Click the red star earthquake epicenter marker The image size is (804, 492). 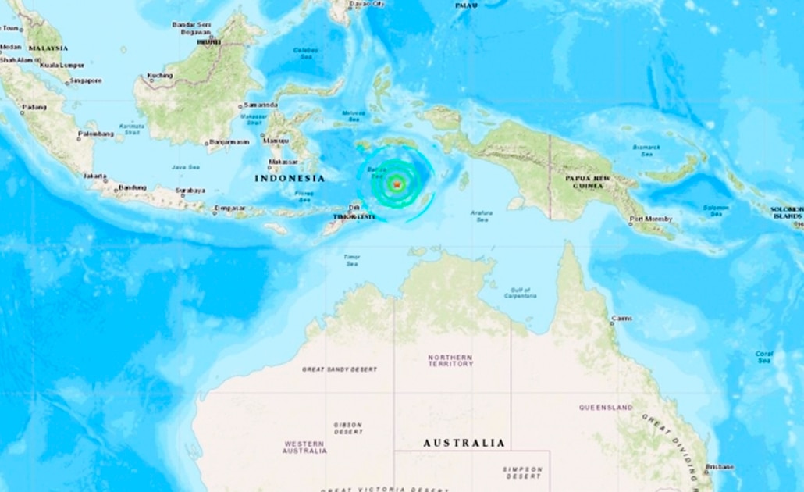tap(397, 184)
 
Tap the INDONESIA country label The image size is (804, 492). tap(289, 179)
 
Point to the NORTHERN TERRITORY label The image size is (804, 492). tap(450, 361)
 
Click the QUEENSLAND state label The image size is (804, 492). tap(606, 408)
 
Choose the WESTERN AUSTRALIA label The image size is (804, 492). tap(304, 447)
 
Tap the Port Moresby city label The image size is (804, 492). tap(651, 219)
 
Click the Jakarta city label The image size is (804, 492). tap(95, 176)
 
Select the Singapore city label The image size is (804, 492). tap(85, 80)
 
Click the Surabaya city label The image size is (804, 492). tap(190, 190)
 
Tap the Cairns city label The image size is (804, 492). tap(621, 319)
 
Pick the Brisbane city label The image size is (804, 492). tap(719, 467)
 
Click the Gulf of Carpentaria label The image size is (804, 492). tap(520, 293)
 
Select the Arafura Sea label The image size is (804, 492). tap(482, 216)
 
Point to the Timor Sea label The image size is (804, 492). tap(351, 260)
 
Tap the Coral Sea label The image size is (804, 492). tap(764, 358)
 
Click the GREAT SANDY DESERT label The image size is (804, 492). tap(340, 369)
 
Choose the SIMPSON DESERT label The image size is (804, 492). tap(523, 472)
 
